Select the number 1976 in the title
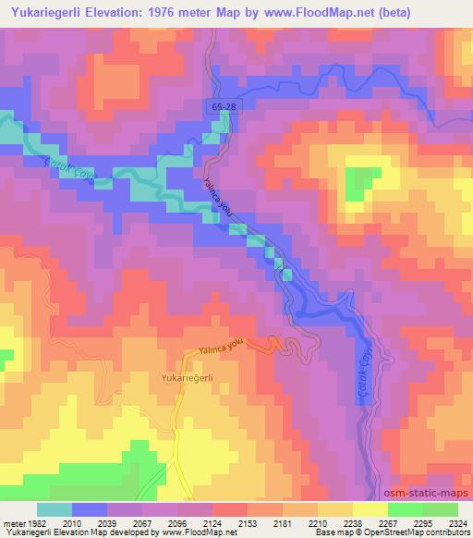coord(192,13)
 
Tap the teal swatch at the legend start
coord(54,509)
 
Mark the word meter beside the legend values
coord(13,521)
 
